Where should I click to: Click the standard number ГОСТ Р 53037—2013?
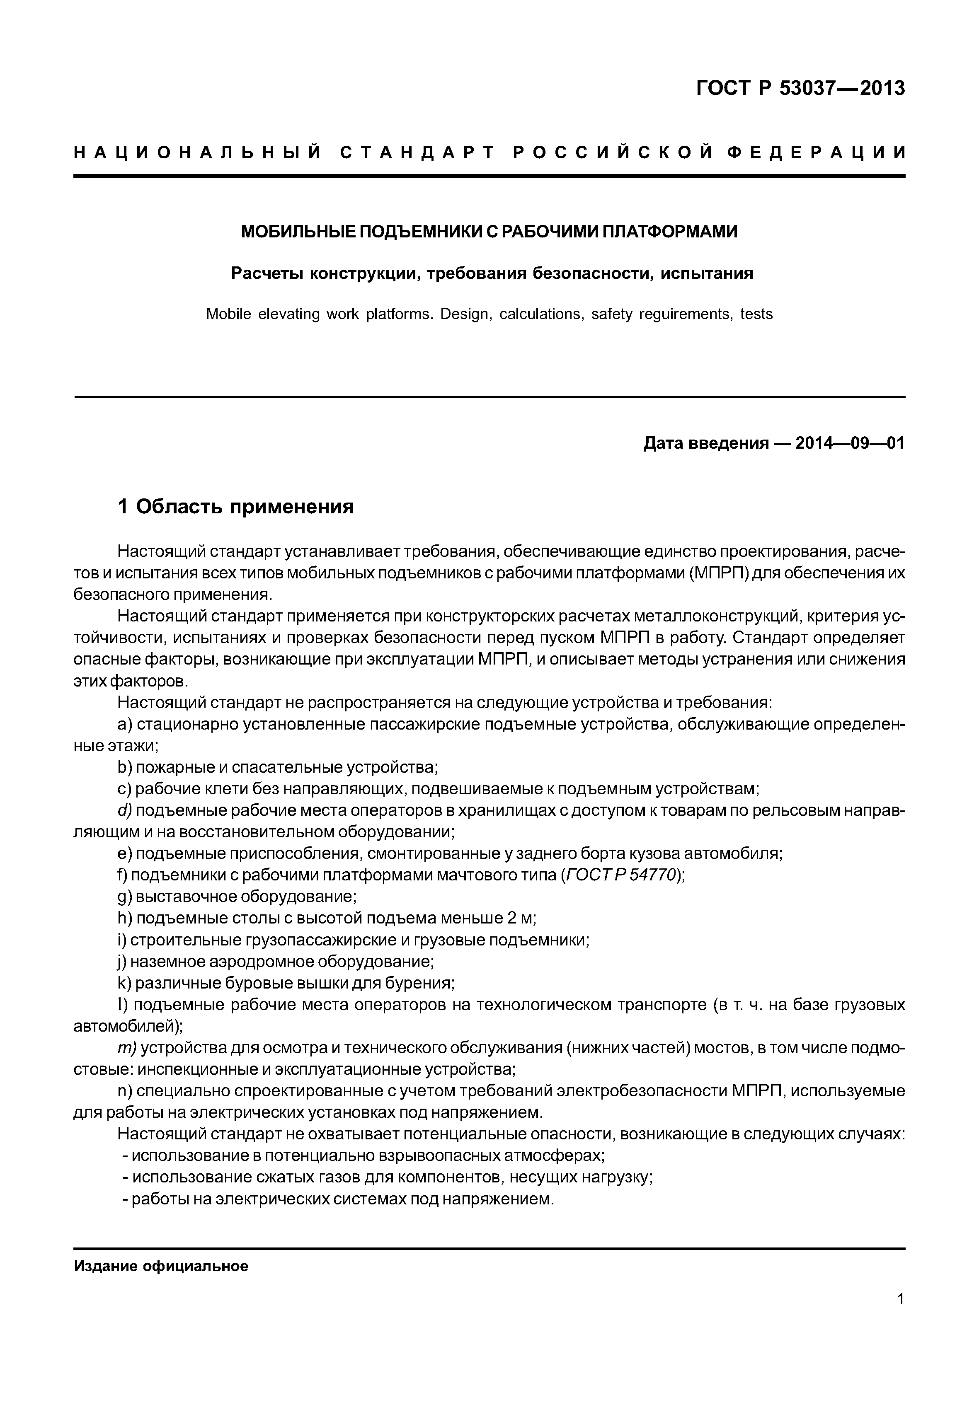(800, 88)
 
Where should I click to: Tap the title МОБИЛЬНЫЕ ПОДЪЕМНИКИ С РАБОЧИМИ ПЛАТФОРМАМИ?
(489, 232)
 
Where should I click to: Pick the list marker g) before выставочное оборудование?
(124, 897)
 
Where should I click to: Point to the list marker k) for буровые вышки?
(124, 983)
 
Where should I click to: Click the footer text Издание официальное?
(161, 1266)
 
